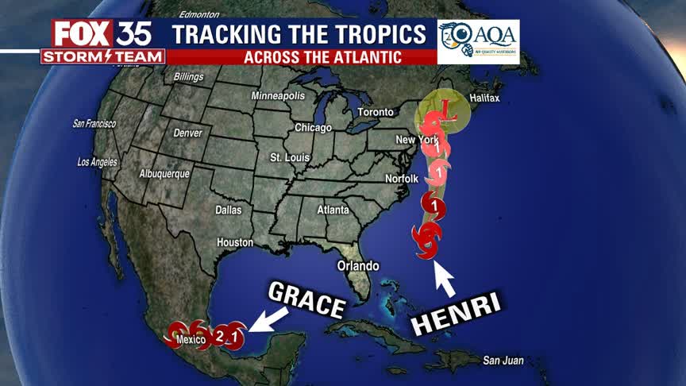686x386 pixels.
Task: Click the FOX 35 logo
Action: click(102, 33)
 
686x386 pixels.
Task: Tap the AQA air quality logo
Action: click(478, 41)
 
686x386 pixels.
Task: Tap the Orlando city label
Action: click(358, 265)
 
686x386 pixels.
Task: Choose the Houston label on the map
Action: click(235, 241)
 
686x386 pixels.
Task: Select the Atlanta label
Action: click(333, 210)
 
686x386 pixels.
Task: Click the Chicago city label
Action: click(313, 127)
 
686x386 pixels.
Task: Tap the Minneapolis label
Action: click(278, 95)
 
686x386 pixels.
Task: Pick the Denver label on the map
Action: click(187, 133)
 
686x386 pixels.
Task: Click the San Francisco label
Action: click(94, 123)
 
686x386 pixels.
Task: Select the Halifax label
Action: click(484, 98)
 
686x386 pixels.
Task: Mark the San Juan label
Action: click(503, 361)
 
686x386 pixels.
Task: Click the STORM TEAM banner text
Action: click(102, 56)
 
